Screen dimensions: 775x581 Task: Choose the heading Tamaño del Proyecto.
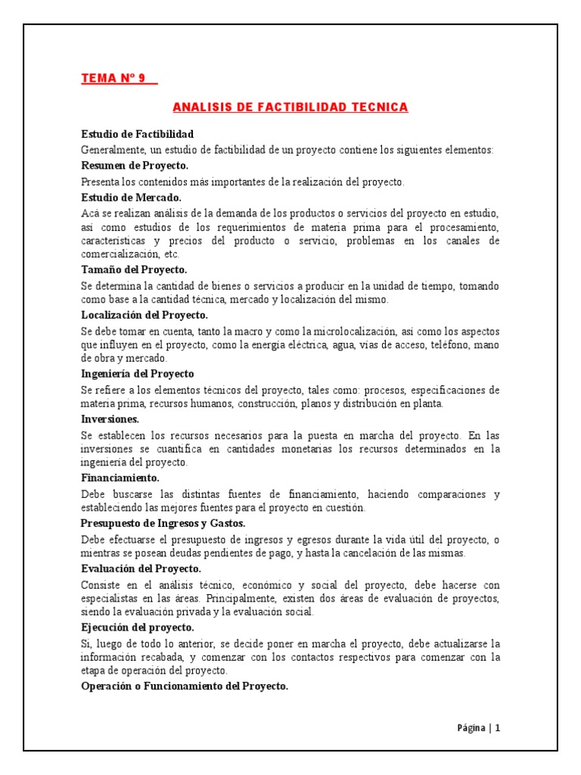(x=134, y=269)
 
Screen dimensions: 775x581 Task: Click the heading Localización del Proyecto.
(x=144, y=314)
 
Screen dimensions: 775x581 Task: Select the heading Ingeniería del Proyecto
(x=138, y=373)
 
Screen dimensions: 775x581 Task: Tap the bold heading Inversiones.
(x=110, y=418)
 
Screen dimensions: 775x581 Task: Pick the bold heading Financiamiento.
(x=120, y=478)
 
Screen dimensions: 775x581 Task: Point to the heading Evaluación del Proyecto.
(x=141, y=568)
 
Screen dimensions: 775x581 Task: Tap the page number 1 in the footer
(x=498, y=728)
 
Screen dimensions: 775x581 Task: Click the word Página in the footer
(x=471, y=728)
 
